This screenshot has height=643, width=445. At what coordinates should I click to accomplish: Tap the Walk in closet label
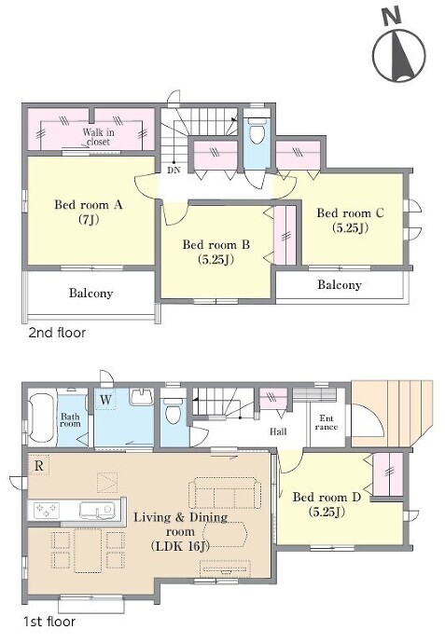click(x=99, y=137)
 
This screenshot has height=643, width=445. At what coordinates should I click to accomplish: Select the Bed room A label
click(x=89, y=212)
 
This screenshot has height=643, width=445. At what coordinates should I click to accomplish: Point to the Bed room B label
click(x=216, y=252)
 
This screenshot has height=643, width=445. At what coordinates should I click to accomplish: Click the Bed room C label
click(x=350, y=220)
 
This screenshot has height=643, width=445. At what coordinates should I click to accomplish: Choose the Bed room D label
click(x=327, y=504)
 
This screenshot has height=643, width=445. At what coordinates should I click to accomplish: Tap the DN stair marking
click(x=174, y=170)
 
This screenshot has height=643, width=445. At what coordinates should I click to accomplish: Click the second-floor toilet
click(x=257, y=130)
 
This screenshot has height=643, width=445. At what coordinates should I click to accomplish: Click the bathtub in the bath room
click(x=41, y=417)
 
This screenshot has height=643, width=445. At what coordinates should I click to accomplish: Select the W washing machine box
click(x=105, y=400)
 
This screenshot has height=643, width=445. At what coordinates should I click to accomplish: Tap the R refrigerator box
click(x=39, y=465)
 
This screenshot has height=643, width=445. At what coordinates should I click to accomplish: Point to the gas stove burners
click(x=46, y=510)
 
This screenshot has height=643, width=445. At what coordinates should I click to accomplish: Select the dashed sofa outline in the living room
click(x=225, y=493)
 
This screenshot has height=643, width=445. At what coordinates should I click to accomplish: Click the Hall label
click(x=278, y=431)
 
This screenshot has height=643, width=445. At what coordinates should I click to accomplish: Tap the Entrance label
click(x=327, y=422)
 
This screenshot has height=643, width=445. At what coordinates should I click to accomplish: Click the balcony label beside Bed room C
click(x=340, y=284)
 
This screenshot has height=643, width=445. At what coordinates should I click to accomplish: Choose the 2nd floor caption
click(x=57, y=332)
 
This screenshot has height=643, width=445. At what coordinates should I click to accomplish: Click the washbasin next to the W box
click(x=142, y=397)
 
